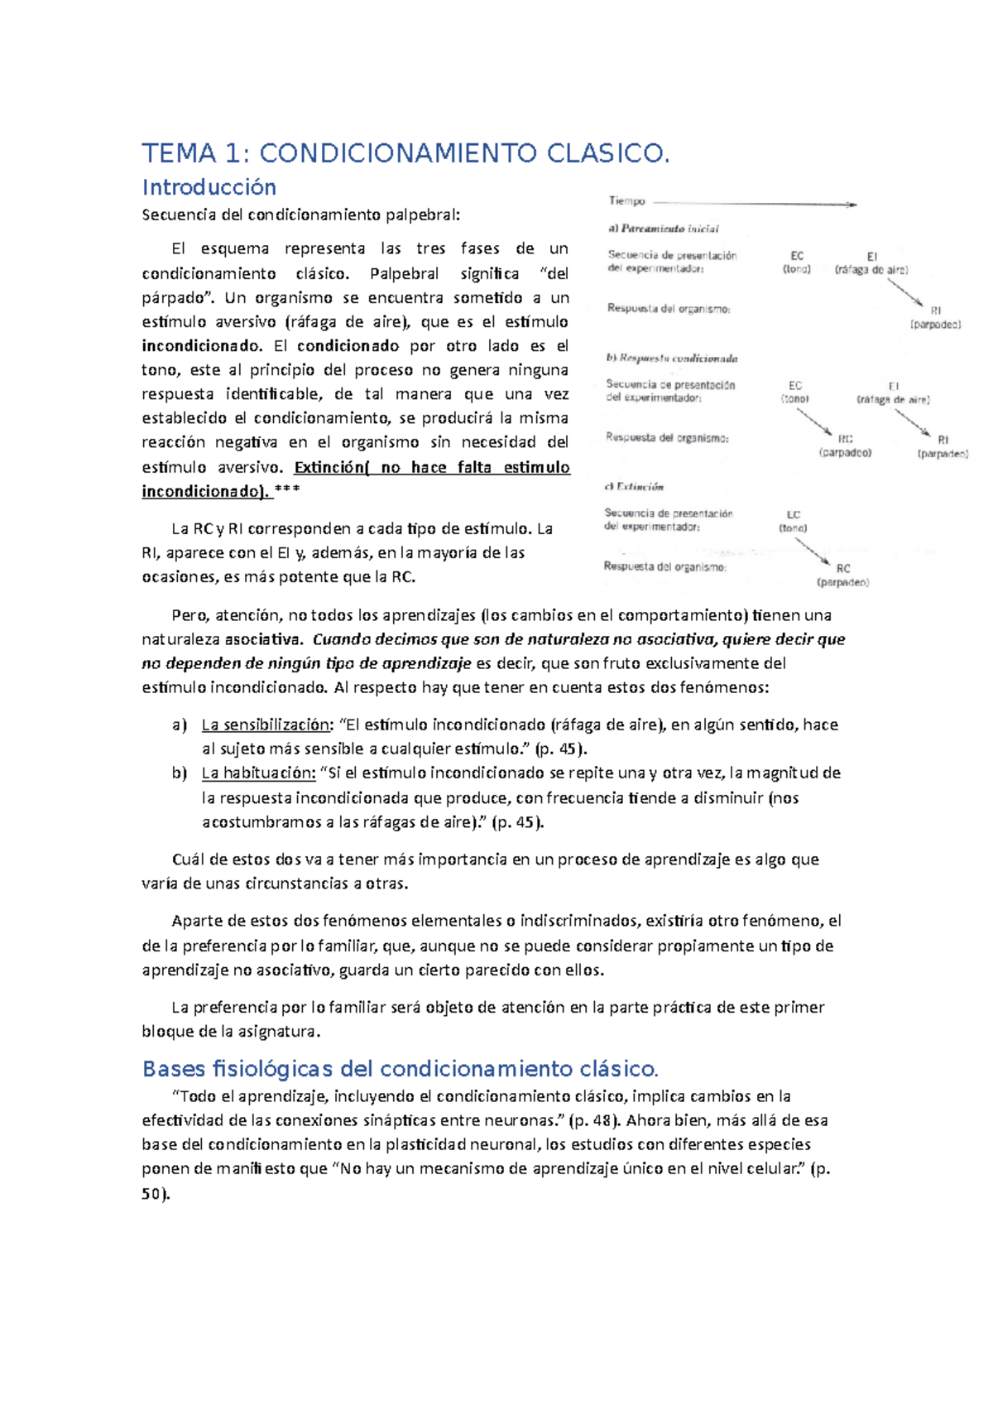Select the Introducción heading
pos(209,187)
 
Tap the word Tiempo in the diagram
pos(626,200)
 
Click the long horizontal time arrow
pos(753,203)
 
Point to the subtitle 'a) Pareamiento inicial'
pos(663,229)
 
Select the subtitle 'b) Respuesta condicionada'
pos(671,359)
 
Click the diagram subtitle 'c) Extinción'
pos(634,487)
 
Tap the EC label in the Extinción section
pos(794,515)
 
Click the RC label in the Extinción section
pos(843,569)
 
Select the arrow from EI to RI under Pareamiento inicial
pos(905,292)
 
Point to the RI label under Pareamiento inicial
pos(936,311)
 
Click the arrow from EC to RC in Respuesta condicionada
pos(814,421)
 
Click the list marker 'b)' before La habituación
pos(180,773)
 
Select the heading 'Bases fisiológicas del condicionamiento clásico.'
pos(400,1069)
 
